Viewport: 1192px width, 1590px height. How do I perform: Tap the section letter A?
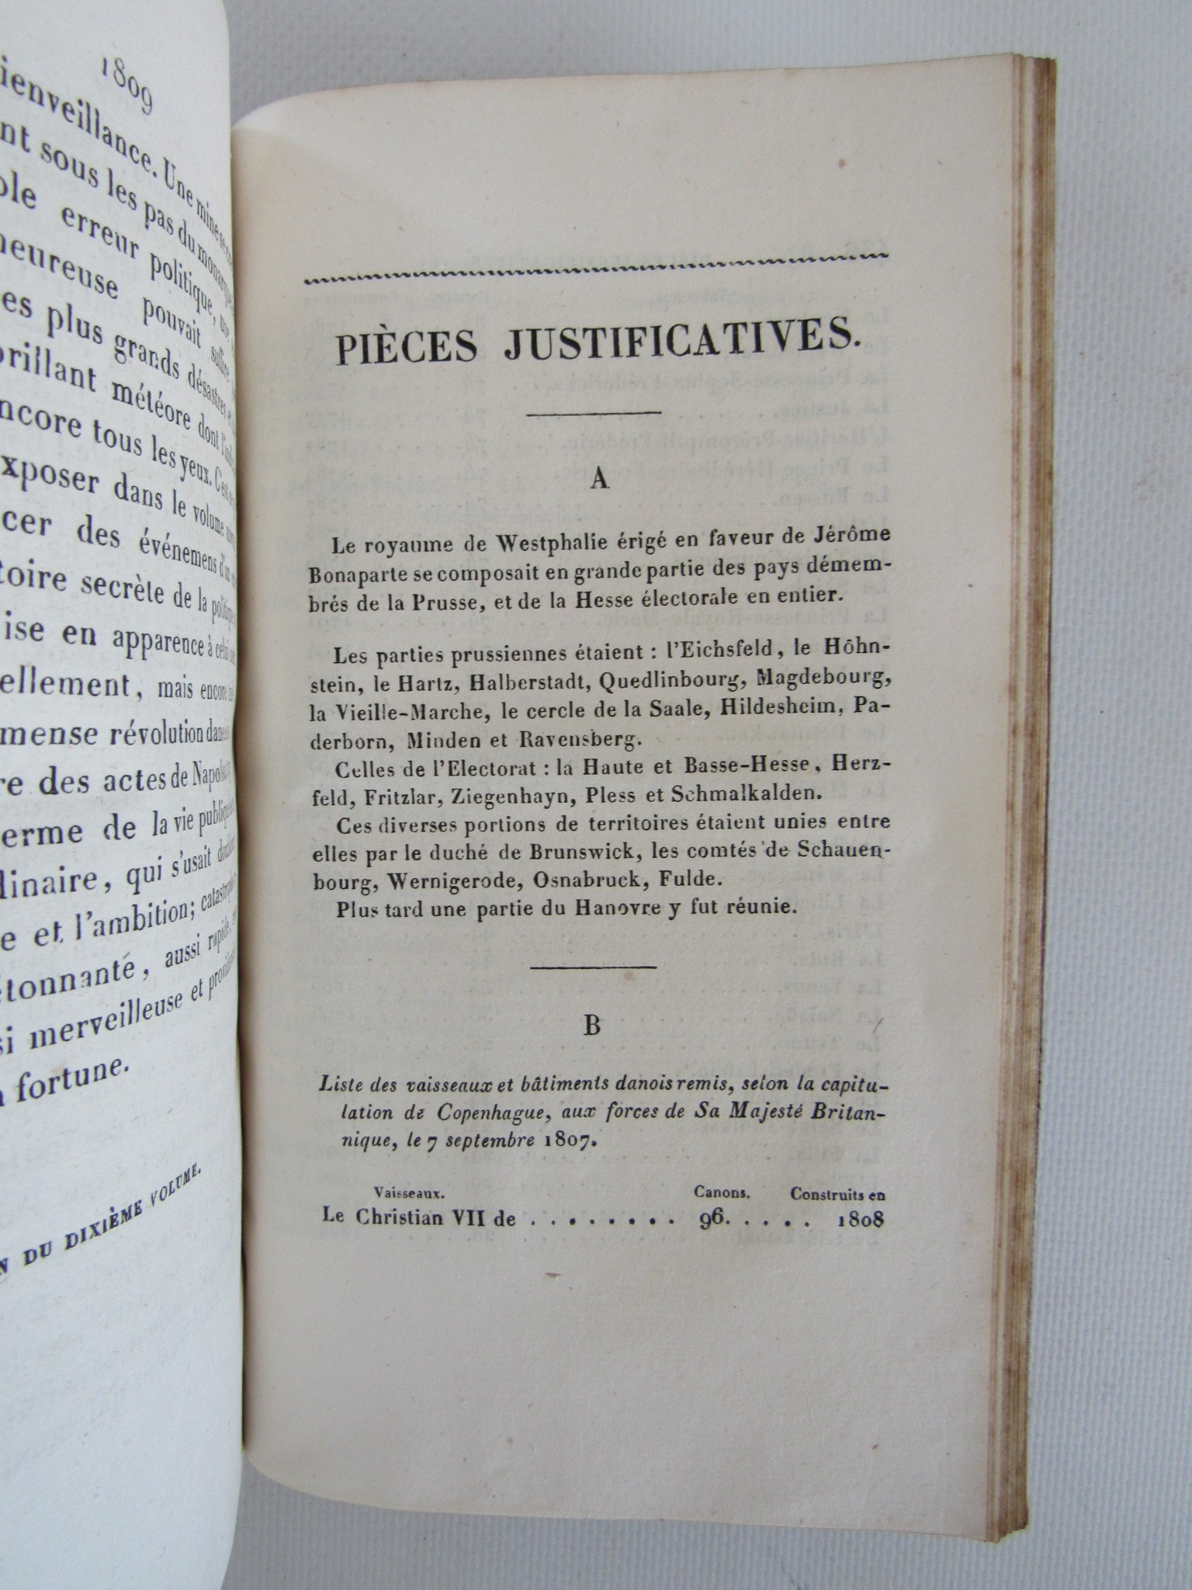(598, 480)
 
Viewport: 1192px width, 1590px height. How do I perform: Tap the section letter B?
(593, 1026)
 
